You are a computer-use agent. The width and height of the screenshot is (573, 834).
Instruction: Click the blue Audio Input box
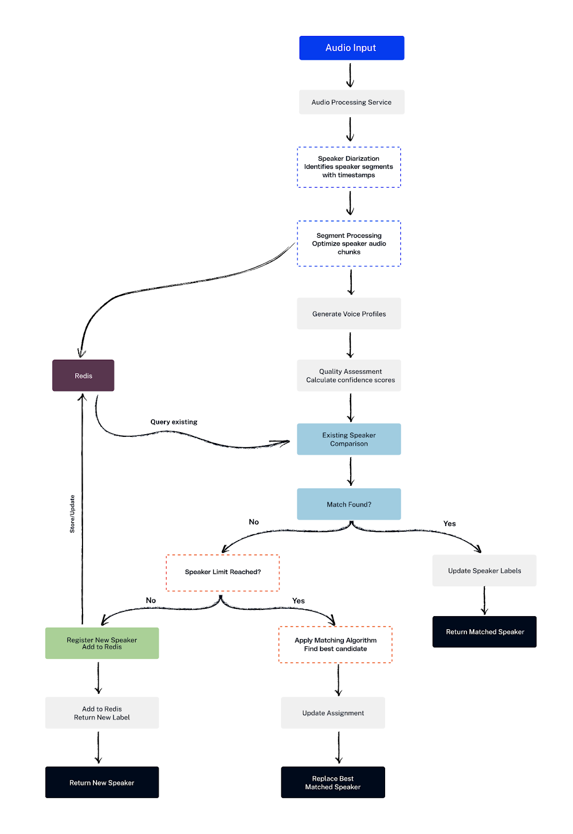[351, 48]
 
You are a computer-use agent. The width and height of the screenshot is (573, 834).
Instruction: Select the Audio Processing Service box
[351, 102]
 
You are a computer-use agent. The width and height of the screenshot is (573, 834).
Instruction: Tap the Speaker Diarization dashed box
[349, 167]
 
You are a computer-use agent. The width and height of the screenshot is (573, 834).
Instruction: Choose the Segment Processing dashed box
[349, 243]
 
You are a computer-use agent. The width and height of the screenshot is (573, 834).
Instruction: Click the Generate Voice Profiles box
[349, 314]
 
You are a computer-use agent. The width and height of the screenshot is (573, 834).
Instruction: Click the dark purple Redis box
[83, 375]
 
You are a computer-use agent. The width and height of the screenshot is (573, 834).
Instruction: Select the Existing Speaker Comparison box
[349, 439]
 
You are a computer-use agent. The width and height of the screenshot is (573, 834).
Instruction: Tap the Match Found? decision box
[349, 504]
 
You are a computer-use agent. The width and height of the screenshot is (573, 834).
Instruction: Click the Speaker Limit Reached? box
[222, 572]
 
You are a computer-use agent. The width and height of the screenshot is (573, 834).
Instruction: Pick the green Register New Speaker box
[102, 643]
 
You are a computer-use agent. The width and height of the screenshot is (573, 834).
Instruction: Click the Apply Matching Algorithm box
[335, 644]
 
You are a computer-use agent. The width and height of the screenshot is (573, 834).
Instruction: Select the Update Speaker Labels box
[484, 571]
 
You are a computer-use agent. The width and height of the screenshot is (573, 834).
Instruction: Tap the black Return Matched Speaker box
[484, 632]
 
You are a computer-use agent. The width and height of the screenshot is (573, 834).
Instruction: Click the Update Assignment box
[333, 713]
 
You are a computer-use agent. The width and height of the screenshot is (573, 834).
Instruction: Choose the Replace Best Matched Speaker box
[333, 782]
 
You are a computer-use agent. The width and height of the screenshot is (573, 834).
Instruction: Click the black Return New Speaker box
[102, 782]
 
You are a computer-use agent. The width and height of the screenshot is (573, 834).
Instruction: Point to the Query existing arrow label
[174, 422]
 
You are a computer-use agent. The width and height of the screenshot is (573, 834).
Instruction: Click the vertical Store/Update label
[73, 514]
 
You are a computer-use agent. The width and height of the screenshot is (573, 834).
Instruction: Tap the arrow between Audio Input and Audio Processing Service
[350, 75]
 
